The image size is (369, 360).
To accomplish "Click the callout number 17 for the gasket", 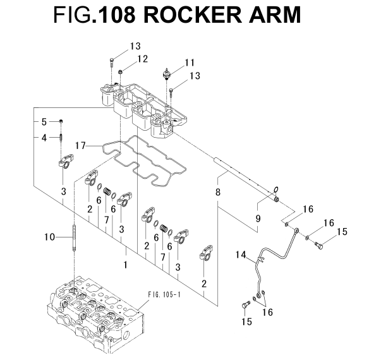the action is pyautogui.click(x=80, y=146).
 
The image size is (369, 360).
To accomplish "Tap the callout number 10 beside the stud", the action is pyautogui.click(x=50, y=237).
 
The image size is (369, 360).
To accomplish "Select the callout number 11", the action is pyautogui.click(x=190, y=63).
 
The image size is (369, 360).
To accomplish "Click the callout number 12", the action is pyautogui.click(x=143, y=59).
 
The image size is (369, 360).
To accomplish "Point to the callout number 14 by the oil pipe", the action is pyautogui.click(x=241, y=255).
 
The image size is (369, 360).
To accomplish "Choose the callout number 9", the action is pyautogui.click(x=258, y=219).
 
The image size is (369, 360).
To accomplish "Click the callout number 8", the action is pyautogui.click(x=218, y=192).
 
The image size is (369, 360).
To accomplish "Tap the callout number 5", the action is pyautogui.click(x=44, y=122).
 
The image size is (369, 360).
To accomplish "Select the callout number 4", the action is pyautogui.click(x=44, y=138).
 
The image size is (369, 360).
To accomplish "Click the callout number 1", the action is pyautogui.click(x=126, y=265).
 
